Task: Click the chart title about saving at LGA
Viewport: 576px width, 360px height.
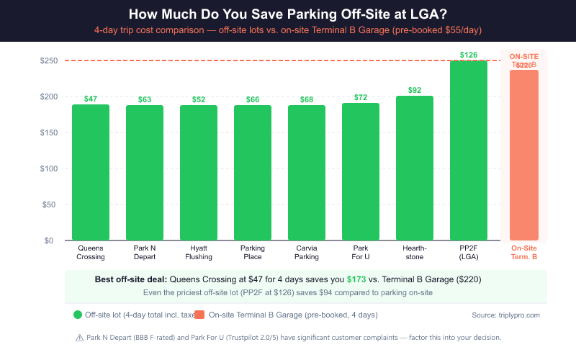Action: [x=288, y=14]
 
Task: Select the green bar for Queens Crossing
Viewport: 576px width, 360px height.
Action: [x=91, y=173]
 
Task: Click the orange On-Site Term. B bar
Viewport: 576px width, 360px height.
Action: [x=523, y=155]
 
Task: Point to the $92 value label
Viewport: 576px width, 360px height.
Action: [x=415, y=90]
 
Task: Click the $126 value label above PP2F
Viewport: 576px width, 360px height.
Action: [x=469, y=54]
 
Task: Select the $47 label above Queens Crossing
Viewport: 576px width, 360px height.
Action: [x=91, y=99]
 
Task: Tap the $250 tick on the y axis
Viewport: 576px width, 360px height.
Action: [x=49, y=60]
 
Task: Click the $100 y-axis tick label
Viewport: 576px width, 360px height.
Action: [x=49, y=168]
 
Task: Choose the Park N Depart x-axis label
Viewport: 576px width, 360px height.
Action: [x=145, y=252]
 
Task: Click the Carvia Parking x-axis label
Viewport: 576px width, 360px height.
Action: [x=307, y=252]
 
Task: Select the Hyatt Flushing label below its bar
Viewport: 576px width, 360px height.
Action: [x=199, y=252]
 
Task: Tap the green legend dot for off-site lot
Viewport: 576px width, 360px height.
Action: [x=78, y=315]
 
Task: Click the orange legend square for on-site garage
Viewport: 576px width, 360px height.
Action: [x=199, y=315]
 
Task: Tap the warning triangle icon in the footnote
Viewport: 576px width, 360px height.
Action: [x=79, y=337]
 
